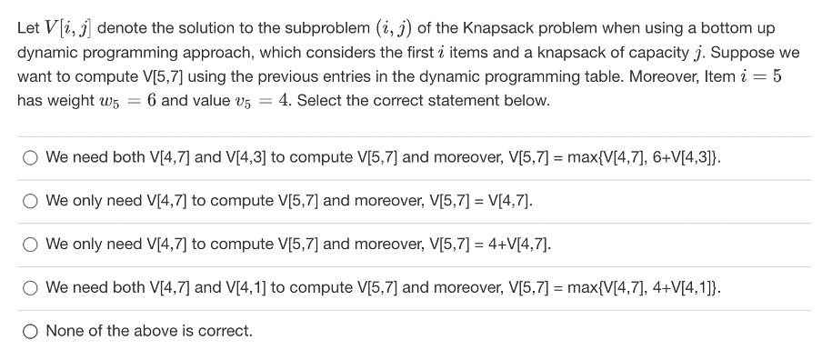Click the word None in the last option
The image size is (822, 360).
click(x=64, y=331)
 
